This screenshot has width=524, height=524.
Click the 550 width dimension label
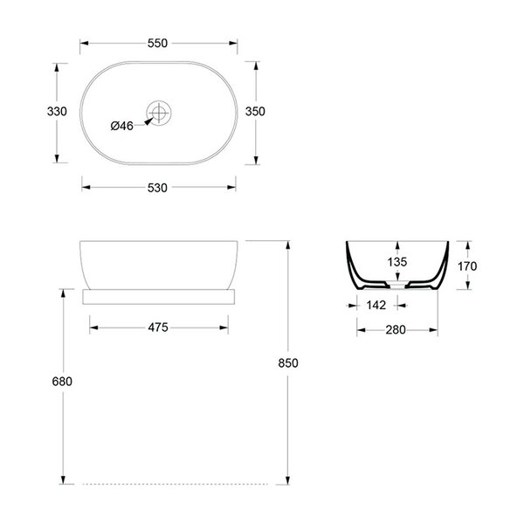[157, 43]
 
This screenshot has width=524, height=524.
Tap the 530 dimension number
[157, 188]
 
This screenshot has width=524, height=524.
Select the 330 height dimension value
[57, 111]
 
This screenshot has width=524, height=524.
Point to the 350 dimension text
[255, 111]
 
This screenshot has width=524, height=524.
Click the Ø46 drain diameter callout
[122, 126]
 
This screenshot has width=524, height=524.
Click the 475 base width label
[158, 327]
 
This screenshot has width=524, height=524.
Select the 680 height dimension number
[62, 382]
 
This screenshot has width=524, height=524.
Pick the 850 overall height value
[288, 363]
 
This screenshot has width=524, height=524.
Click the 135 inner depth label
[397, 262]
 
